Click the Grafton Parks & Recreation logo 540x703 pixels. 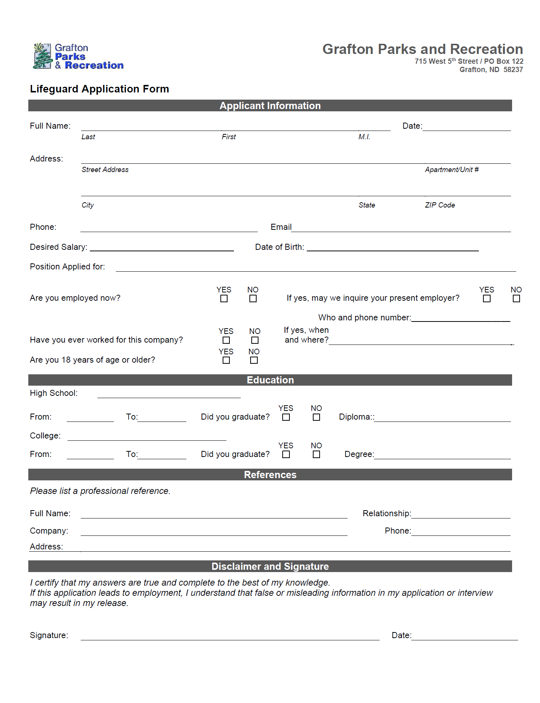(x=78, y=56)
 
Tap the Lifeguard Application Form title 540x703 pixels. (x=99, y=89)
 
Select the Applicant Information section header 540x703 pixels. (x=270, y=106)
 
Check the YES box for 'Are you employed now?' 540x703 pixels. (x=224, y=298)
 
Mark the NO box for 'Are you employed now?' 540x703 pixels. (x=253, y=298)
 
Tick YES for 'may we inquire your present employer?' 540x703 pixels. (x=487, y=298)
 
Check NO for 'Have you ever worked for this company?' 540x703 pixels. (x=255, y=340)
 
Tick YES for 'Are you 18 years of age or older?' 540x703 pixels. (x=226, y=360)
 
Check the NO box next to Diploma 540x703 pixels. (x=316, y=417)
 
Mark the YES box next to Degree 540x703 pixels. (x=286, y=454)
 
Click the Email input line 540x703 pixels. (x=401, y=228)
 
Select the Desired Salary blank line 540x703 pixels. (x=162, y=248)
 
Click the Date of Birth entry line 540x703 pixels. (x=392, y=248)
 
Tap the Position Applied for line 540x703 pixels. (x=315, y=268)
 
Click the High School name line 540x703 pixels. (x=169, y=394)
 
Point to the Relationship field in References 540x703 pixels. (x=461, y=514)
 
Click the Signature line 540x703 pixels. (x=230, y=636)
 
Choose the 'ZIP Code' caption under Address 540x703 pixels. (x=440, y=205)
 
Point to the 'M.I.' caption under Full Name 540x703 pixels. (x=364, y=137)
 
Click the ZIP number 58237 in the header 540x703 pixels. (x=513, y=70)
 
